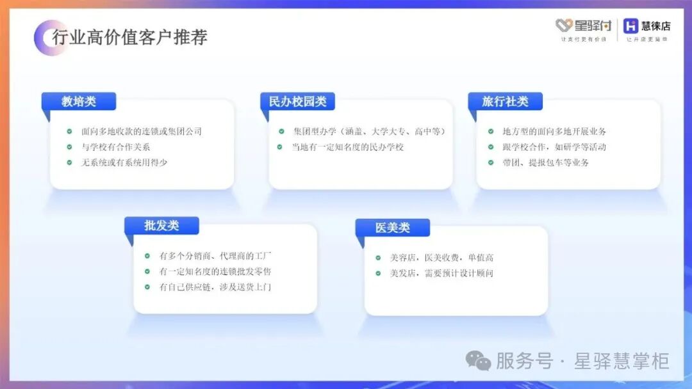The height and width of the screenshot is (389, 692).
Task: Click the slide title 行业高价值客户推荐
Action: [x=129, y=37]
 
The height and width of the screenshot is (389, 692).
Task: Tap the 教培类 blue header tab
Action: [x=79, y=101]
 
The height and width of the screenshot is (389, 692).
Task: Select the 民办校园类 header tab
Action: [x=297, y=101]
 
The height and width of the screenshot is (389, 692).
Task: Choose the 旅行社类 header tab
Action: [x=505, y=101]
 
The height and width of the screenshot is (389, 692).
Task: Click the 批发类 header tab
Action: [x=161, y=226]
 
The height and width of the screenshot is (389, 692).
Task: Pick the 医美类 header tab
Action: [x=392, y=227]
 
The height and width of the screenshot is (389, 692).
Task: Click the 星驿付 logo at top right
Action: [x=584, y=29]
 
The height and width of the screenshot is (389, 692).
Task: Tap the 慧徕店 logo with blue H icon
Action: [x=647, y=29]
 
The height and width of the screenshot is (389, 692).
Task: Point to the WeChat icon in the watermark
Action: [x=478, y=361]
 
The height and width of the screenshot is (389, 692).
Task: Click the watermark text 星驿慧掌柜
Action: [x=622, y=361]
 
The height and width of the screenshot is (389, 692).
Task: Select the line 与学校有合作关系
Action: [x=115, y=147]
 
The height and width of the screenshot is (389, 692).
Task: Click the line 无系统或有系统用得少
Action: [x=124, y=162]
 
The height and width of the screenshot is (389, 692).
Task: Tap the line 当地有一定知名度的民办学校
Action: [x=348, y=147]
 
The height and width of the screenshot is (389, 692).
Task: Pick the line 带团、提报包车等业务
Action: [x=545, y=162]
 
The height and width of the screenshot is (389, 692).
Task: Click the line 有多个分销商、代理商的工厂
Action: [x=215, y=255]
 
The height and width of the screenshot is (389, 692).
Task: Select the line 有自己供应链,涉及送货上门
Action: [x=215, y=287]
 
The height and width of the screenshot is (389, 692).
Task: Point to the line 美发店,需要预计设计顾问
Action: [x=441, y=273]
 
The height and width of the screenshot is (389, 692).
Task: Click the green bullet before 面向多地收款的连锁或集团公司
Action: [x=69, y=131]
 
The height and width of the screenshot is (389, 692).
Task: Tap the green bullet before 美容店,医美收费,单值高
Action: [x=378, y=258]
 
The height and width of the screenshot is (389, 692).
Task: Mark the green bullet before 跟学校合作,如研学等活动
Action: [x=491, y=147]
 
